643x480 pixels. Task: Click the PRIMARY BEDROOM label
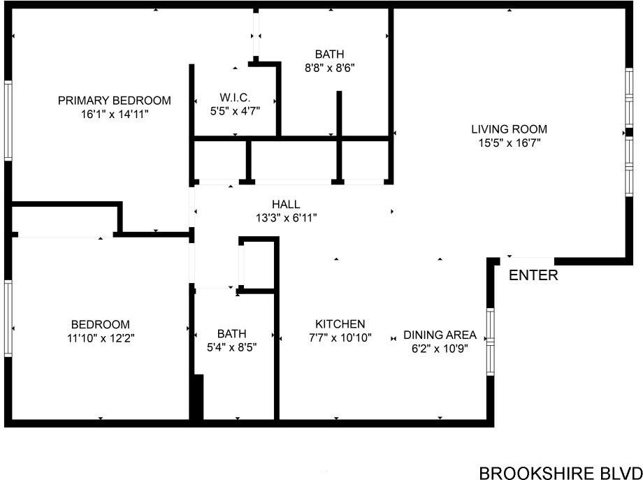(114, 101)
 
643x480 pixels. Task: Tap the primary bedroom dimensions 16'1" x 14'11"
(114, 114)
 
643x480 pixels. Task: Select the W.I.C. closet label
(235, 97)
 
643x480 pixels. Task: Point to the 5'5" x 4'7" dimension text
(235, 110)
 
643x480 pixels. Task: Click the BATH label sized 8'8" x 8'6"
(329, 54)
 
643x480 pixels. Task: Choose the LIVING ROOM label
(509, 129)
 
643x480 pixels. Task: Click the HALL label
(286, 204)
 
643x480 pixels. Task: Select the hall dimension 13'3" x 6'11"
(286, 218)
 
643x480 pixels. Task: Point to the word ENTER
(533, 275)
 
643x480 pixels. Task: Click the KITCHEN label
(340, 324)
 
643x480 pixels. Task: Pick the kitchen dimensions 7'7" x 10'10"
(340, 337)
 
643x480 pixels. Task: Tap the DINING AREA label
(440, 335)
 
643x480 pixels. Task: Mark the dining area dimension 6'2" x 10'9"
(440, 348)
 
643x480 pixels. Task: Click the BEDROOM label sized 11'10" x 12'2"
(100, 324)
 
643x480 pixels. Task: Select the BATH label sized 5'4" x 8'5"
(231, 334)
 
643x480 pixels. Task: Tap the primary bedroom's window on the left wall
(8, 121)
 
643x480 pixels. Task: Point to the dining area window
(491, 342)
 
